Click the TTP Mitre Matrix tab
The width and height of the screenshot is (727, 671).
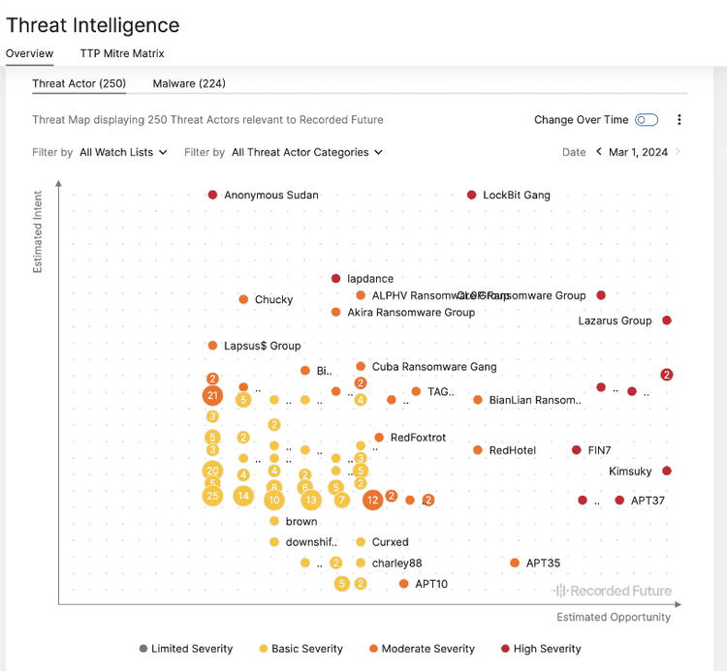click(122, 53)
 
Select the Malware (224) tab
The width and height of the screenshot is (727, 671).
click(189, 83)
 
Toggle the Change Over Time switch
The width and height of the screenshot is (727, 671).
click(647, 120)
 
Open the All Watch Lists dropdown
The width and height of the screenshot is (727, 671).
click(123, 152)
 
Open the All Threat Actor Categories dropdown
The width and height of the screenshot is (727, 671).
click(306, 152)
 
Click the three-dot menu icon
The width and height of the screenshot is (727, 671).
click(680, 120)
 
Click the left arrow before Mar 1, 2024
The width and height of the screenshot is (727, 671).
click(599, 152)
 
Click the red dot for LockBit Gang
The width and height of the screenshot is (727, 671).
click(472, 195)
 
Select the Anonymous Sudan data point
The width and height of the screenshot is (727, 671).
click(213, 195)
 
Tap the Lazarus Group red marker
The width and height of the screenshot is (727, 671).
click(667, 320)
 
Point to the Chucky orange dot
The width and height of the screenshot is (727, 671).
click(243, 299)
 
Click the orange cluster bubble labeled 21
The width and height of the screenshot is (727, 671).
click(212, 395)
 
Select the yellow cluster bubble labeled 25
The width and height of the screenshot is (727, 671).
click(212, 496)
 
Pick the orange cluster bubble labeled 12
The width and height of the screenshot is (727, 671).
click(372, 500)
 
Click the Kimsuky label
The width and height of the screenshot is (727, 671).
click(630, 472)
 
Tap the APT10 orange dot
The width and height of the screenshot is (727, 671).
click(404, 584)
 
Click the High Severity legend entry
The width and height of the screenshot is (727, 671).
click(541, 649)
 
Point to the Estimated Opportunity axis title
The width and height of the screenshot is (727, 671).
click(613, 617)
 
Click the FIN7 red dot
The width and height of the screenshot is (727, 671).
click(577, 450)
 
